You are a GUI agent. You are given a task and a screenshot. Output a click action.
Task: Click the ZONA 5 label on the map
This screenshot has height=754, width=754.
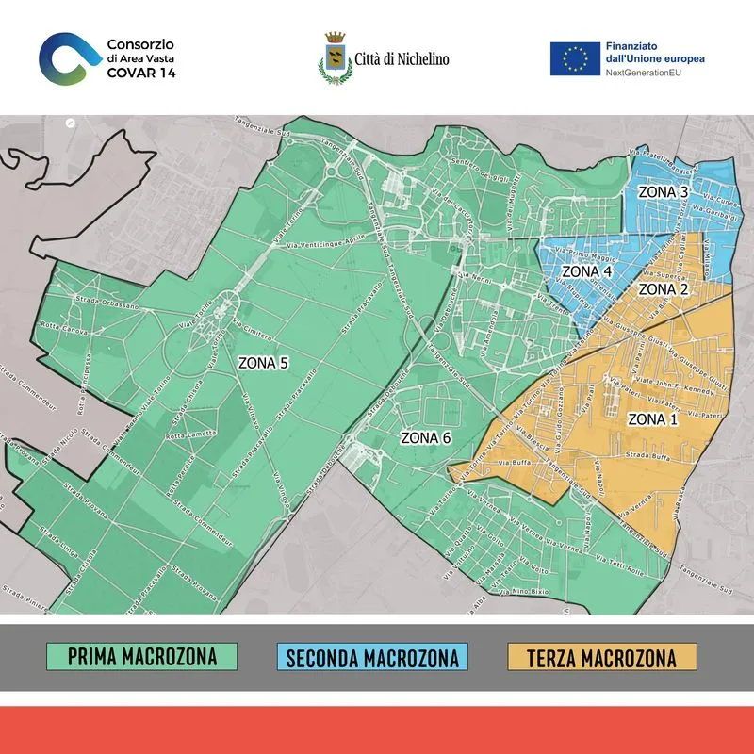[x=262, y=362]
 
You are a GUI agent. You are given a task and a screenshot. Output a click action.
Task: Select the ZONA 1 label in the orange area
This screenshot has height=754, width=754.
[x=652, y=418]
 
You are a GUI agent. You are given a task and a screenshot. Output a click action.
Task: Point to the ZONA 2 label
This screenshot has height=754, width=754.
[x=664, y=288]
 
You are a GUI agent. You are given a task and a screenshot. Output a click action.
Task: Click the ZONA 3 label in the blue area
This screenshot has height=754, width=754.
[x=664, y=192]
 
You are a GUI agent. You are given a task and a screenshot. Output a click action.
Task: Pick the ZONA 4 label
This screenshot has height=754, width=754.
[x=587, y=271]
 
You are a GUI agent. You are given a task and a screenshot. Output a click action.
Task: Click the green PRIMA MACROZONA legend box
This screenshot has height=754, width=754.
[x=141, y=656]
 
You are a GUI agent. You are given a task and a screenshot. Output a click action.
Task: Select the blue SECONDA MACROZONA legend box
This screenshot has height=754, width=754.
[x=371, y=656]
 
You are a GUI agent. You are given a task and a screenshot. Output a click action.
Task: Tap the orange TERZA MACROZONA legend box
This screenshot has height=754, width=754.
[x=601, y=656]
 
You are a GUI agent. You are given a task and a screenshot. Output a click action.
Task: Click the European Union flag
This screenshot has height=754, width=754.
[x=575, y=58]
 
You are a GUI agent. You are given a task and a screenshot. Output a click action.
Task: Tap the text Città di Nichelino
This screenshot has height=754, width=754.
[x=401, y=59]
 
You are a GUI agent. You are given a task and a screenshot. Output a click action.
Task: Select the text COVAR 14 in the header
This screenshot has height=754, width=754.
[x=141, y=72]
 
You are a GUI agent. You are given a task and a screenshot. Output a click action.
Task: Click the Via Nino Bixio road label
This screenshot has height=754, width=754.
[x=515, y=590]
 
